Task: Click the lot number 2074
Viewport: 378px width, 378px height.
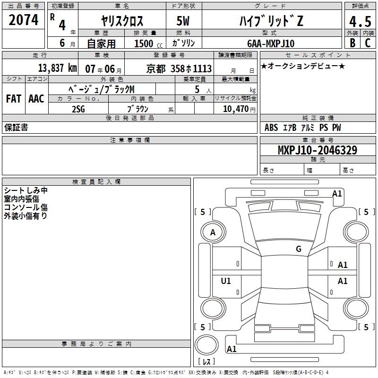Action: click(24, 20)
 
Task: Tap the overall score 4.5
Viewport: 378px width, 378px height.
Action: click(360, 21)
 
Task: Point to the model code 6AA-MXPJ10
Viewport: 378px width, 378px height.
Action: click(270, 43)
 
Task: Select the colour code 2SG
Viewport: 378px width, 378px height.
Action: click(78, 109)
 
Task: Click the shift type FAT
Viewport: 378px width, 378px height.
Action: click(14, 98)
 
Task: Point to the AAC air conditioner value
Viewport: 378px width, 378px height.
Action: click(36, 98)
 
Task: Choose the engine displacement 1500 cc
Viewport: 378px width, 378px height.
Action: click(144, 43)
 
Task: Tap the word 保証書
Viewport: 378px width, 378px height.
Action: click(16, 128)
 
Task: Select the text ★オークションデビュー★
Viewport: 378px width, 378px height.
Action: click(303, 66)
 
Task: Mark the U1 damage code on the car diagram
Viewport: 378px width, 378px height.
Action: click(226, 281)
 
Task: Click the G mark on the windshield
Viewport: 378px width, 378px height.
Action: click(299, 249)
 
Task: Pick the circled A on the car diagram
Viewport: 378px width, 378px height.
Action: click(213, 232)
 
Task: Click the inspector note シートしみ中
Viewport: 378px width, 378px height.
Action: click(26, 190)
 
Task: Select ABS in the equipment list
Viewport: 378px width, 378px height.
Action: click(271, 128)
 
